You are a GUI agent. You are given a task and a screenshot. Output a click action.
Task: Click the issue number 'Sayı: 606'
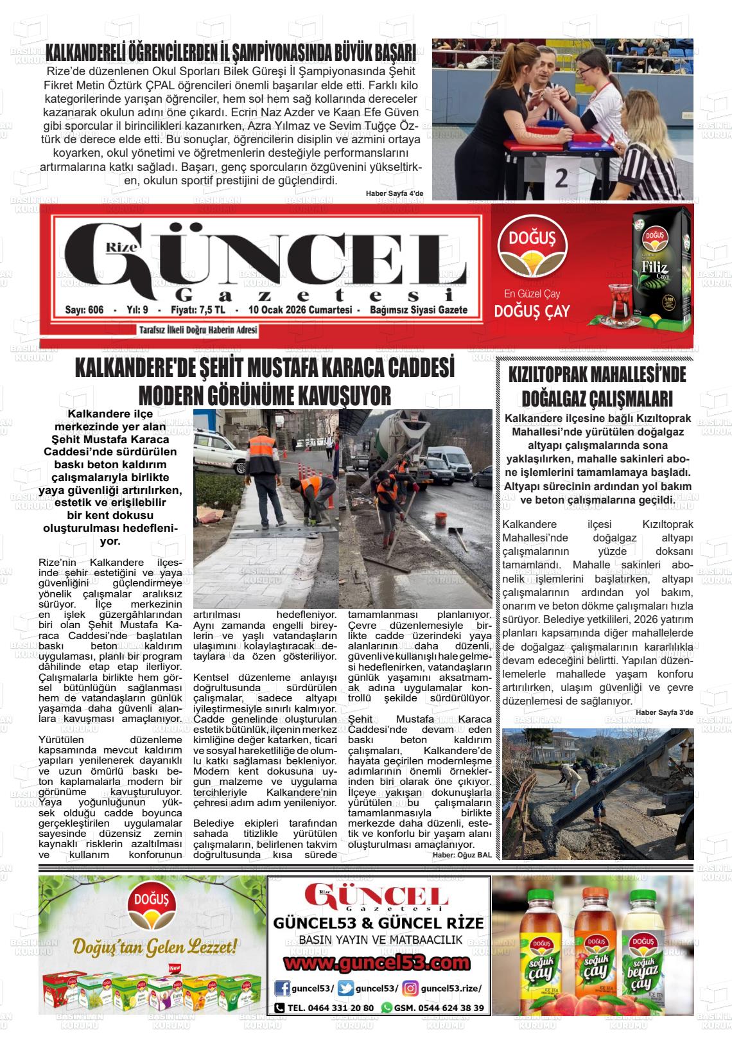[x=85, y=310]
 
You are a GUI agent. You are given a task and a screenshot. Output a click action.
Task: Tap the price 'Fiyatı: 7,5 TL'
[x=198, y=310]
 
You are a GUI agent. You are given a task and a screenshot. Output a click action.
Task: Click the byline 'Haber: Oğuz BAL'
[x=461, y=855]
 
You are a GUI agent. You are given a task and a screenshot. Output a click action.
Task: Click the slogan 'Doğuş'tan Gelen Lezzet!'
[x=155, y=947]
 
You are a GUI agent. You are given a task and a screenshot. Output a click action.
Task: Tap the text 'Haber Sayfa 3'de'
[x=665, y=712]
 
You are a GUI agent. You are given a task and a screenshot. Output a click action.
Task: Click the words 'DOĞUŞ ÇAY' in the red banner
[x=532, y=312]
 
